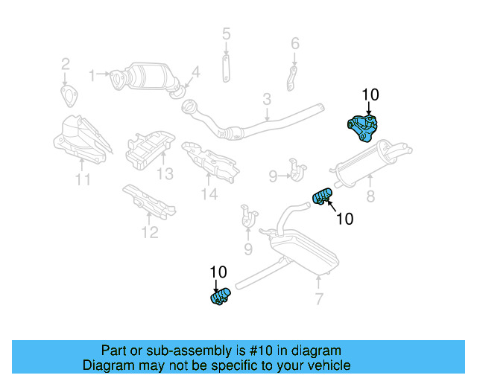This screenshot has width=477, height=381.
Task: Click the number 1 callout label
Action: (x=93, y=74)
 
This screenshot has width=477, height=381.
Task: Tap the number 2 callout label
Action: (x=65, y=63)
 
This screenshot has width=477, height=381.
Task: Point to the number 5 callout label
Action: (x=226, y=33)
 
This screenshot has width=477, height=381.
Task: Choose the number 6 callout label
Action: (x=294, y=43)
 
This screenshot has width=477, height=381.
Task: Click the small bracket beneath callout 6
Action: (x=293, y=77)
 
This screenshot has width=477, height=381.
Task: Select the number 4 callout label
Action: (x=195, y=72)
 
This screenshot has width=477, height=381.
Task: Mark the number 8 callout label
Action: (x=370, y=197)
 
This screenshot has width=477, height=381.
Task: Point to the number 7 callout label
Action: (x=319, y=300)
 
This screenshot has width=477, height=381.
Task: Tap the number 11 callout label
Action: (x=83, y=179)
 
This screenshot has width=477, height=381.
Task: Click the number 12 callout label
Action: (x=150, y=233)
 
